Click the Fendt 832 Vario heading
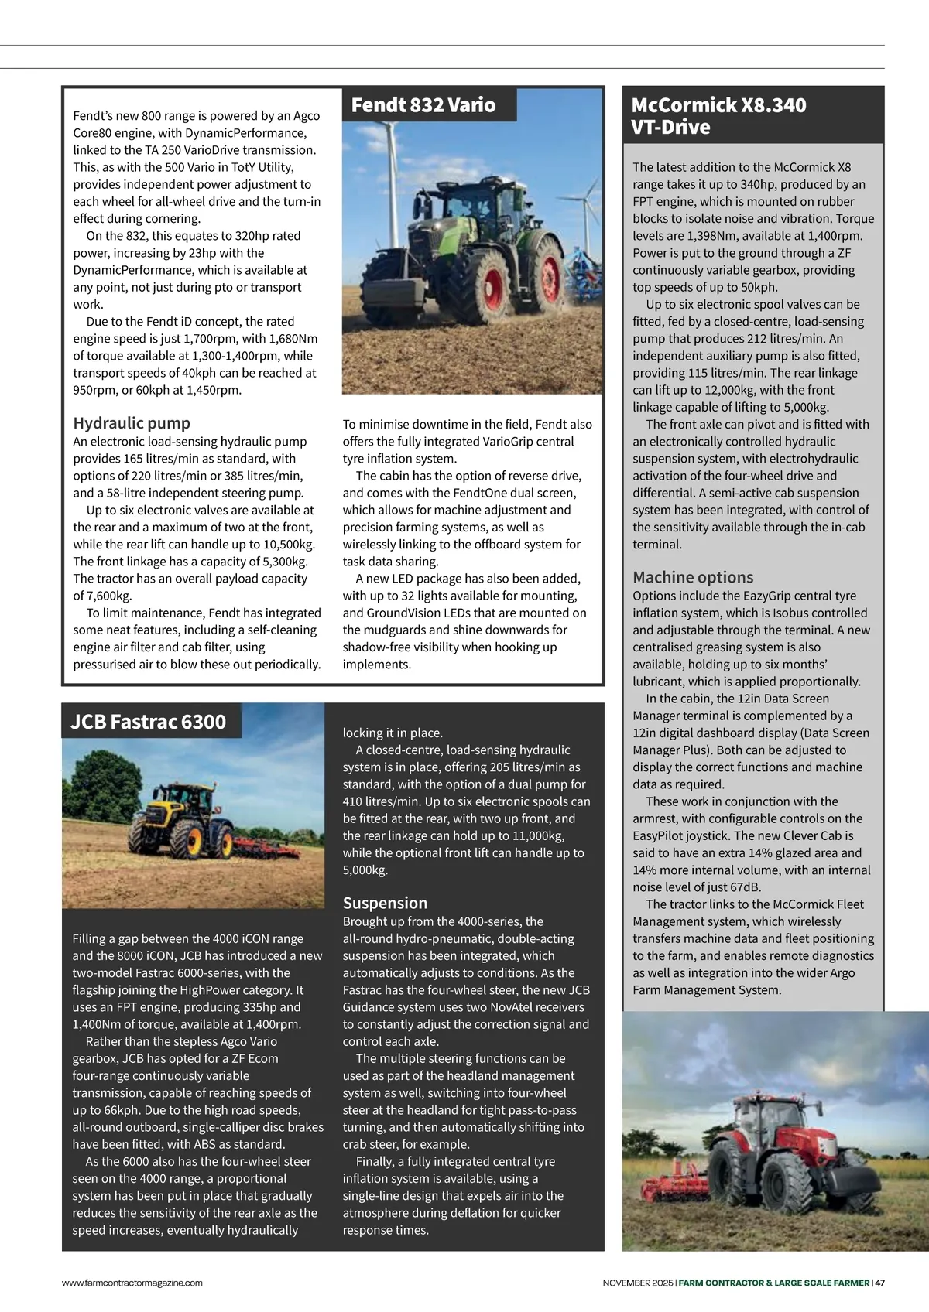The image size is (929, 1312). coord(423,105)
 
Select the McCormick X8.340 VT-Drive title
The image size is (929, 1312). coord(718,116)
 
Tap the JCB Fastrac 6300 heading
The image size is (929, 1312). coord(148,722)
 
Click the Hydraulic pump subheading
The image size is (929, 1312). coord(132,423)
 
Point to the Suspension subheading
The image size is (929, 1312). coord(385,903)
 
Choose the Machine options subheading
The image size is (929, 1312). coord(693,577)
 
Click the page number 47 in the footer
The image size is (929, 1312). coord(879,1283)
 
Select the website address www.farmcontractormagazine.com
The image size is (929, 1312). coord(132,1283)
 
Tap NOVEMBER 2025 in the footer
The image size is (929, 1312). coord(638,1283)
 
